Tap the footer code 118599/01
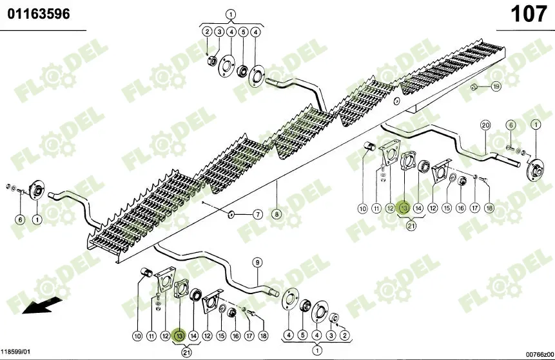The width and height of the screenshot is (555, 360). coord(17,353)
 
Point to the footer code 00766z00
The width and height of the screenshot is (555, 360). coord(539,354)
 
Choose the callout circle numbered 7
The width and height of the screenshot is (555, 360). coord(257,214)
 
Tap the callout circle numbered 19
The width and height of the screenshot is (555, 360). coord(496,86)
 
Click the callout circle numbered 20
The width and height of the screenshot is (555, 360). coord(485,125)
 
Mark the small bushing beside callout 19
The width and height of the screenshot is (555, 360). coord(474,86)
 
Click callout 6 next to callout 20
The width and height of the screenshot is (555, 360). coord(510,125)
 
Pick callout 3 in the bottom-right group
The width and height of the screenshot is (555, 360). coord(331,335)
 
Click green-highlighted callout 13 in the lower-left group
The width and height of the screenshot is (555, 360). coord(179,335)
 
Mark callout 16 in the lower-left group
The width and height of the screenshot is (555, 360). coord(235,335)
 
